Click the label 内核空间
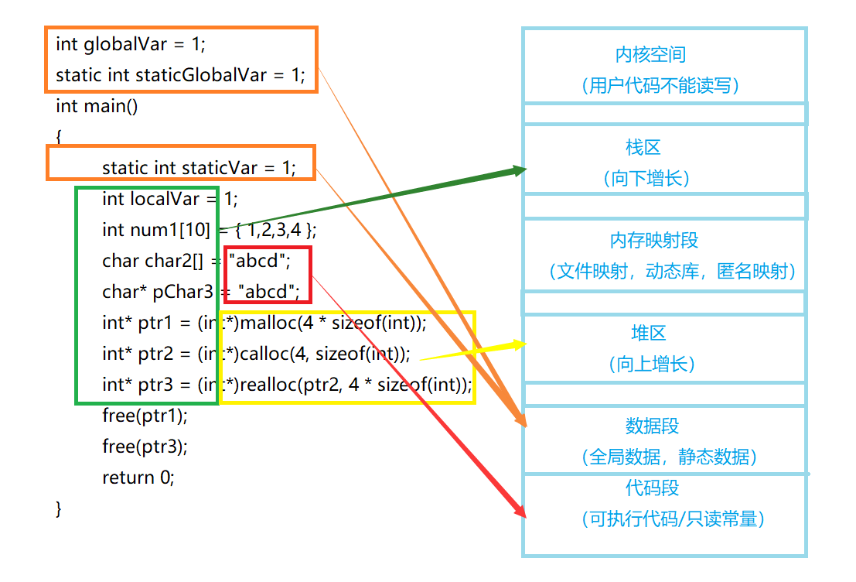[x=650, y=55]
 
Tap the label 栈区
[x=643, y=148]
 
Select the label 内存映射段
[x=653, y=240]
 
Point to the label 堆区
[x=648, y=334]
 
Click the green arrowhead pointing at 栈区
[x=518, y=170]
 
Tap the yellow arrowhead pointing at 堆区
[x=517, y=344]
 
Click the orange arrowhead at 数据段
[x=522, y=420]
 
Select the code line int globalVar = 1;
[x=131, y=44]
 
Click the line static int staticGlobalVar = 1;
[x=180, y=75]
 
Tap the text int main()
[x=97, y=106]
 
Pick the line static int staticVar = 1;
[x=199, y=168]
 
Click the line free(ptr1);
[x=145, y=416]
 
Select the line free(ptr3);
[x=145, y=447]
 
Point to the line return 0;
[x=138, y=478]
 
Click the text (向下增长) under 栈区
[x=646, y=179]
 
